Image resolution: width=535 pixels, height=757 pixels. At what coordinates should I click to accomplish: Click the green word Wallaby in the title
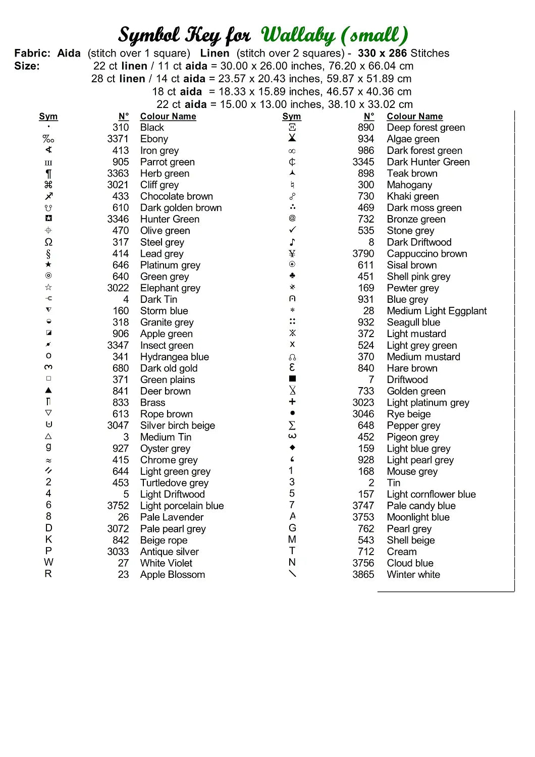click(x=298, y=35)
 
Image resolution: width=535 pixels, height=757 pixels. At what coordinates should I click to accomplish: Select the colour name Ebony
click(x=154, y=139)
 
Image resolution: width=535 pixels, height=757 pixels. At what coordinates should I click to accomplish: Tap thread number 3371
click(x=118, y=139)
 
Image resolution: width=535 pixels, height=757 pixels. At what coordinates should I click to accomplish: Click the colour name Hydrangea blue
click(x=174, y=357)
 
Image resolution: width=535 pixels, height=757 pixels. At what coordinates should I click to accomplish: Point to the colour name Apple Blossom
click(x=172, y=574)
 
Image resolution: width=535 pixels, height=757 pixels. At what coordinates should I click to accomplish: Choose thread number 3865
click(x=363, y=574)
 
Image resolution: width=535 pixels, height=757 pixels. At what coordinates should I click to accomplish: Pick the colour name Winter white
click(x=413, y=574)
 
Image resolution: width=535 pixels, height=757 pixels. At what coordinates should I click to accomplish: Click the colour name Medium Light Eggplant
click(x=437, y=311)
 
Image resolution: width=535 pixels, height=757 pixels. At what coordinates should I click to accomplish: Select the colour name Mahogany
click(x=409, y=185)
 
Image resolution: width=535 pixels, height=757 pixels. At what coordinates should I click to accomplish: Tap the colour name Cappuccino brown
click(x=426, y=253)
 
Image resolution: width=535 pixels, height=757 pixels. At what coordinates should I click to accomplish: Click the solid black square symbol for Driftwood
click(x=292, y=379)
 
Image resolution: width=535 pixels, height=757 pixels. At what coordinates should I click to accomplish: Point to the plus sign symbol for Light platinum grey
click(x=292, y=402)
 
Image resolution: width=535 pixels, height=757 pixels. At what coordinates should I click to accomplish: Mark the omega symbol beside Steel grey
click(x=48, y=242)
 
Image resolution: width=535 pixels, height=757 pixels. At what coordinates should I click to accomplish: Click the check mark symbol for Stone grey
click(x=292, y=230)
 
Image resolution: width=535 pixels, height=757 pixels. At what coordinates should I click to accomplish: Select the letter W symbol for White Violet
click(x=48, y=562)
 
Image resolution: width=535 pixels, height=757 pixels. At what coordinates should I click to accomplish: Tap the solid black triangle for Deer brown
click(x=48, y=390)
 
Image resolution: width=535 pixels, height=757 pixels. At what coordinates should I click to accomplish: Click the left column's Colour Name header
click(x=168, y=117)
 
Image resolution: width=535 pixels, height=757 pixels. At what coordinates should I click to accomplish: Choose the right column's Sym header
click(x=292, y=117)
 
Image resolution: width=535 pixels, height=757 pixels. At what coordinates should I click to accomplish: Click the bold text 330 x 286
click(x=382, y=53)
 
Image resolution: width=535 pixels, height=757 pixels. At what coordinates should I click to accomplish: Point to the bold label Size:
click(x=27, y=66)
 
